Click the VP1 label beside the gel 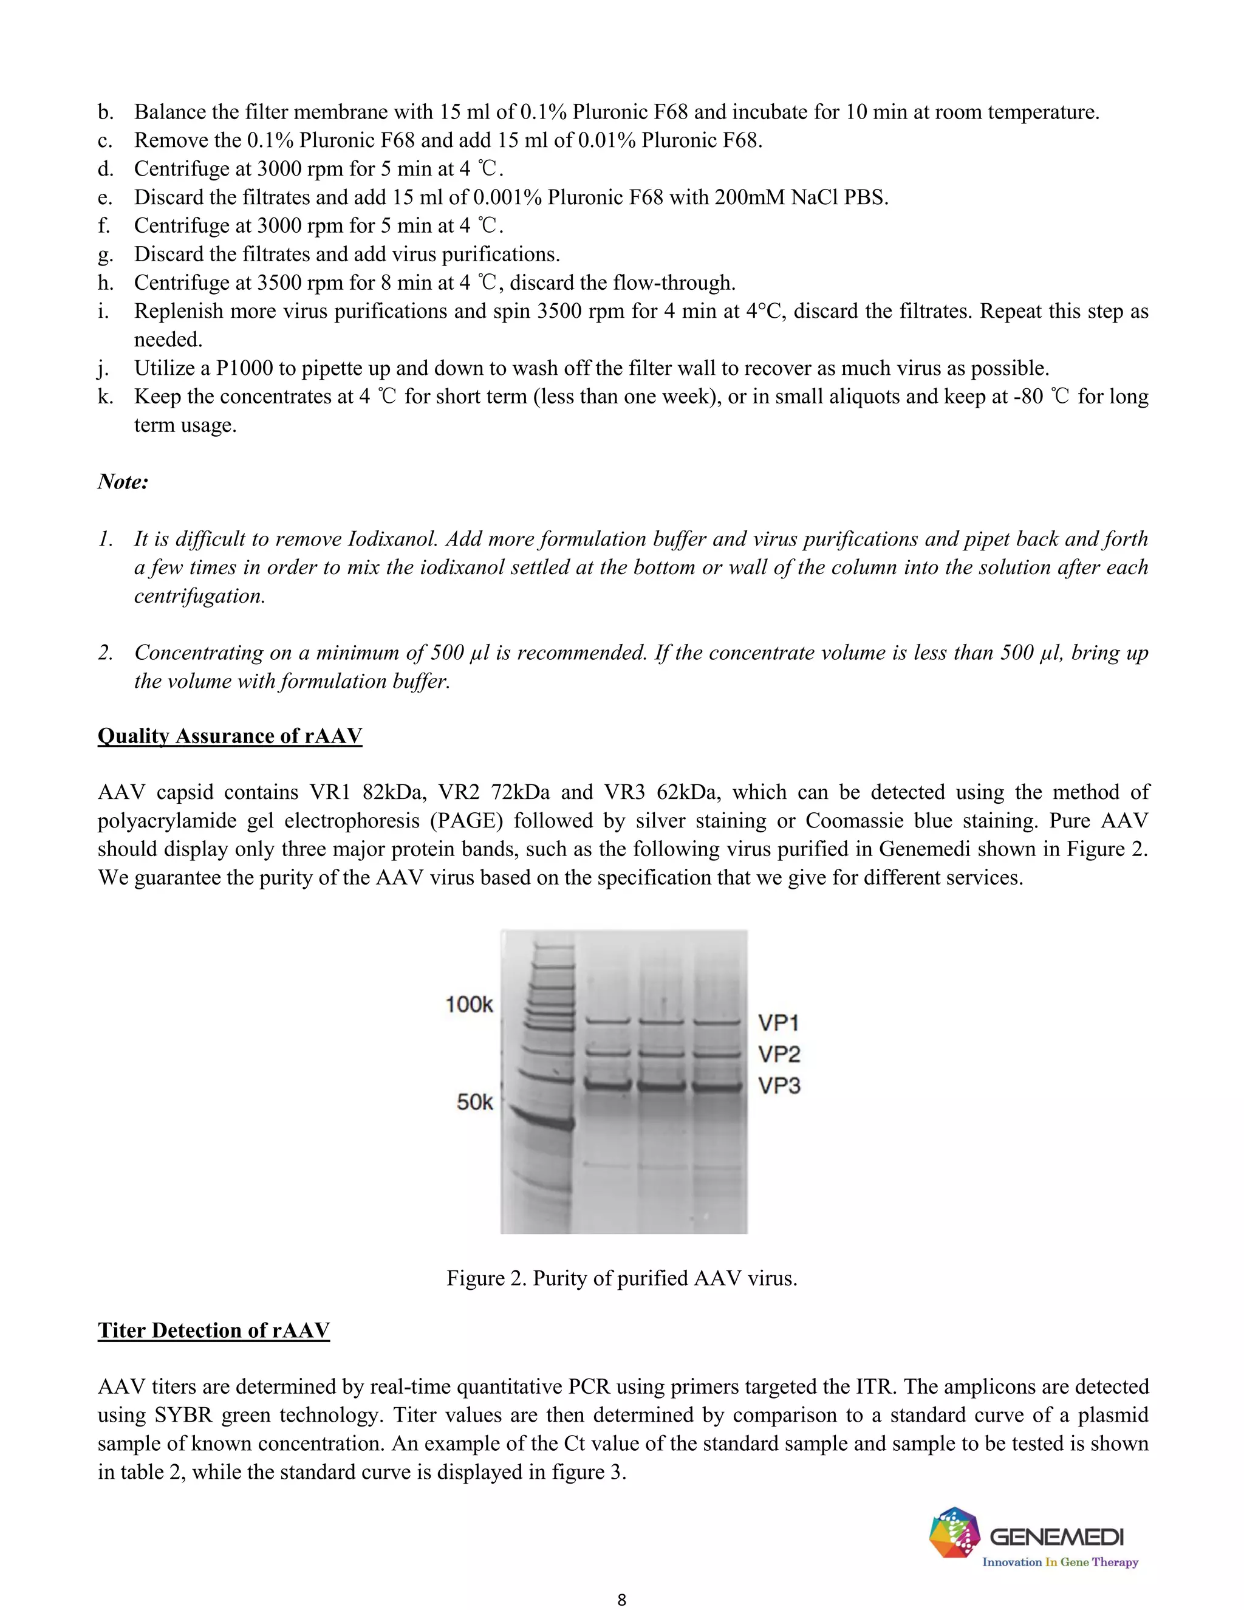point(778,1023)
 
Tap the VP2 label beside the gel point(779,1054)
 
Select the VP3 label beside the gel point(779,1085)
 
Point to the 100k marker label point(469,1004)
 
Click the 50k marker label point(474,1102)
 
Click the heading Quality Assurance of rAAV point(230,736)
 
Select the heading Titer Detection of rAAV point(214,1330)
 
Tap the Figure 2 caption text point(621,1278)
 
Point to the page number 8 point(621,1599)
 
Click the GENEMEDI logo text point(1056,1537)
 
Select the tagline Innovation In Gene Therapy point(1060,1561)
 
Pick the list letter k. point(104,397)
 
